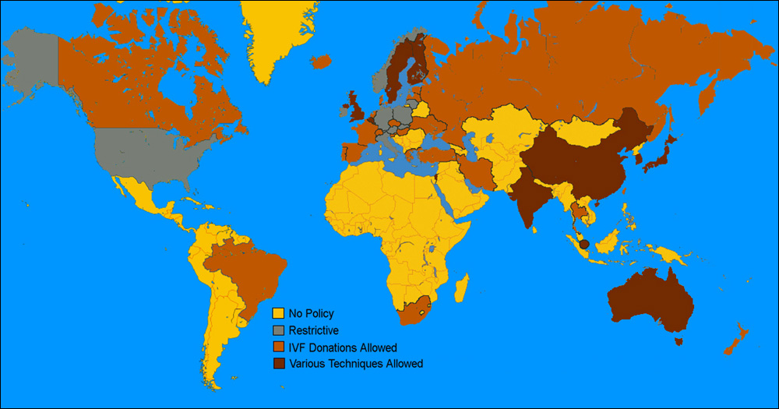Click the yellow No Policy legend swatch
click(277, 313)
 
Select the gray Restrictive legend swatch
click(277, 330)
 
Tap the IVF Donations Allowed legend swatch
click(277, 347)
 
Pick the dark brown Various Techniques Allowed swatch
click(277, 364)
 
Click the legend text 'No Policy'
click(311, 313)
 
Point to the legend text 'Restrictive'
click(313, 330)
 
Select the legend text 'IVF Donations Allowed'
click(343, 347)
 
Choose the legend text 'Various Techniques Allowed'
click(355, 364)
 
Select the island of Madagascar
click(461, 287)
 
